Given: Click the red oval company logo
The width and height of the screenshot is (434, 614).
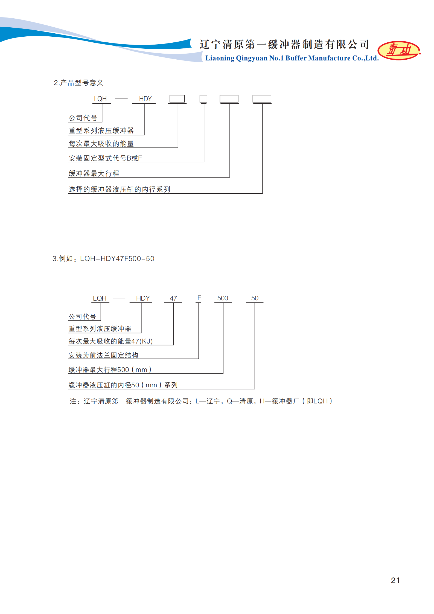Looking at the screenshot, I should click(x=399, y=50).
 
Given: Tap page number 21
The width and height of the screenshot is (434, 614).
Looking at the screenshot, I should click(x=395, y=580).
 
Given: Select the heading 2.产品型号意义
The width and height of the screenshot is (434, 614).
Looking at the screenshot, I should click(x=78, y=83).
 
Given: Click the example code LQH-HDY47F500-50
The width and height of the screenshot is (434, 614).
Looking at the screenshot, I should click(x=117, y=258).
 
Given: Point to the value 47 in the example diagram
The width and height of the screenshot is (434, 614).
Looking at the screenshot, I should click(x=173, y=298).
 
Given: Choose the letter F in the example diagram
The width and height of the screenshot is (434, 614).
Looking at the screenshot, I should click(x=199, y=298).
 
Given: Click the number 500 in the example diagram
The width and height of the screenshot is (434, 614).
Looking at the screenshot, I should click(x=223, y=298).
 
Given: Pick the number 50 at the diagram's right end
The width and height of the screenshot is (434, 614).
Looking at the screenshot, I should click(x=255, y=298).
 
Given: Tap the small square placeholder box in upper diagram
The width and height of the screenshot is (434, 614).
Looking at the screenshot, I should click(x=203, y=99).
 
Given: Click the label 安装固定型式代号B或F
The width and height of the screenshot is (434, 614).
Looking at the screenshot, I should click(x=105, y=158).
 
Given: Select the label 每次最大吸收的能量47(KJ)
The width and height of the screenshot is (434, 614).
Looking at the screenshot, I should click(x=110, y=341).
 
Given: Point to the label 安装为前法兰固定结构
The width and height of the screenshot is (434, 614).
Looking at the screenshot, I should click(x=103, y=355).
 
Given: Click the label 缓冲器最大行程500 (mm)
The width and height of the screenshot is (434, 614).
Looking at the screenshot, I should click(x=110, y=369).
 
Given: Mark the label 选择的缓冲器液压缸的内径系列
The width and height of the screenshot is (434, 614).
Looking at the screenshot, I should click(x=119, y=189).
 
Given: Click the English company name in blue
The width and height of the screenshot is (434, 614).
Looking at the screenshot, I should click(x=292, y=58).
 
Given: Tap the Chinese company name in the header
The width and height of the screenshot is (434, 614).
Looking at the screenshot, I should click(x=284, y=44).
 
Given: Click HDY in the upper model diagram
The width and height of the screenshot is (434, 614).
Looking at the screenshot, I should click(x=145, y=99).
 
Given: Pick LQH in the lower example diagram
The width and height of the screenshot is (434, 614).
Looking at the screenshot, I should click(x=100, y=298).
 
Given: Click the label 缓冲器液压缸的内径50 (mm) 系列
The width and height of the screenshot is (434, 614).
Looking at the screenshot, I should click(x=123, y=385).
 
